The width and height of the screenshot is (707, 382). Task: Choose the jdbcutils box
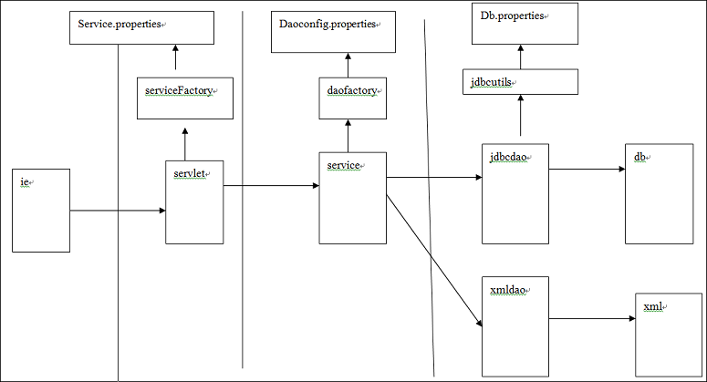click(x=520, y=82)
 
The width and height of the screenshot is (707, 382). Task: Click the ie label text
click(x=25, y=182)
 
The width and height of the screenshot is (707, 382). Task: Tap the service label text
click(x=343, y=165)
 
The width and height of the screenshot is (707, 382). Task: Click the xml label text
click(x=652, y=306)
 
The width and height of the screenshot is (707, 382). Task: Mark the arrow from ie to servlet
click(x=117, y=212)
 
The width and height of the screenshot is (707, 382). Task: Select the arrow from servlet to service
click(x=271, y=186)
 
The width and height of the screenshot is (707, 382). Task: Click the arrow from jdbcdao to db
click(x=587, y=169)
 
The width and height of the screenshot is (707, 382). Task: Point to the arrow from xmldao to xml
click(x=592, y=318)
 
